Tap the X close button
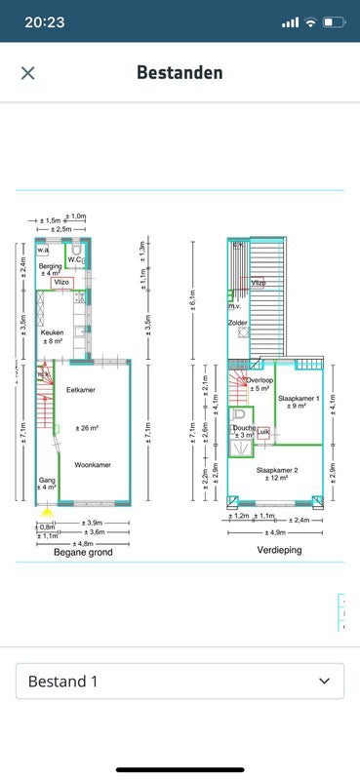pos(27,73)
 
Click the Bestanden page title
pos(180,72)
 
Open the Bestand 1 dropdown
pos(180,681)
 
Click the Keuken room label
pos(52,332)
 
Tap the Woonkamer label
pos(93,465)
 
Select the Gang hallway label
pos(47,481)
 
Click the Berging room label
pos(51,266)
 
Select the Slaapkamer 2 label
pos(276,470)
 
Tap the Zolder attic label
pos(237,322)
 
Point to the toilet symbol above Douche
pos(240,414)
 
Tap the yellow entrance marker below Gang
pos(46,508)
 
